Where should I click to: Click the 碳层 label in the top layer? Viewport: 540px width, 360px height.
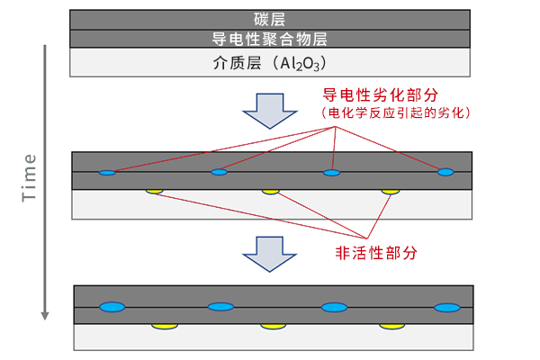tap(269, 18)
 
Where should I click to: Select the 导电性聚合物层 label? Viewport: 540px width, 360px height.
tap(269, 39)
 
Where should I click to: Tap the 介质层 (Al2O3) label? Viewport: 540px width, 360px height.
tap(269, 62)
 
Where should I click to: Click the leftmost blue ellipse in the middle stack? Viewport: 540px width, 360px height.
tap(107, 172)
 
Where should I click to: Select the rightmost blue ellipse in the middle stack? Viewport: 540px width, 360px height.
tap(445, 172)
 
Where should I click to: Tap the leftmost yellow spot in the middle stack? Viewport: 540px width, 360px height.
tap(154, 191)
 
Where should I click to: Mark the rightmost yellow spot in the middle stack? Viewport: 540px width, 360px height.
tap(389, 191)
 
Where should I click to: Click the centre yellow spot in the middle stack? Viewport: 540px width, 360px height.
tap(270, 191)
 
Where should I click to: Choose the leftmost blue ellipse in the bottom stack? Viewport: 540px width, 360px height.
tap(112, 307)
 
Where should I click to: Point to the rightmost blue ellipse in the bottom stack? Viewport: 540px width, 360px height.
tap(446, 307)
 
